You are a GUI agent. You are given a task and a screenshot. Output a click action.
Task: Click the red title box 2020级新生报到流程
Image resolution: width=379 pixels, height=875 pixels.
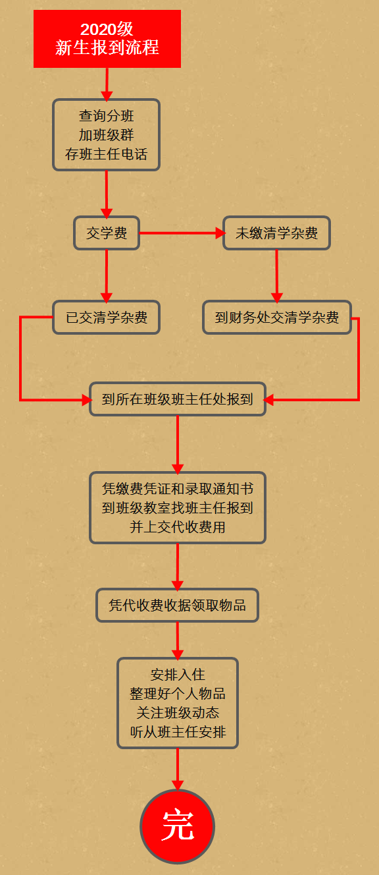(x=107, y=39)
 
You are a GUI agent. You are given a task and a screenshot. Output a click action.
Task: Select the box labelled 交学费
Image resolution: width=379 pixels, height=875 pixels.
(x=107, y=233)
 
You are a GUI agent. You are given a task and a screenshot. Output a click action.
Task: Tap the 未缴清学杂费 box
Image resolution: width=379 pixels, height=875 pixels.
(x=277, y=233)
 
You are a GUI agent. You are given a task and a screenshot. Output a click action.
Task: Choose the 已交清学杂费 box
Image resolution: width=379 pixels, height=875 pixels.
(x=107, y=317)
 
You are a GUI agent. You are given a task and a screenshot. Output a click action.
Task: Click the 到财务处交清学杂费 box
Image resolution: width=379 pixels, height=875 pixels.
(x=277, y=317)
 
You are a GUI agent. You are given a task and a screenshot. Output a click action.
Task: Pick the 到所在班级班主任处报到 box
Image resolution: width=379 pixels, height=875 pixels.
(x=178, y=399)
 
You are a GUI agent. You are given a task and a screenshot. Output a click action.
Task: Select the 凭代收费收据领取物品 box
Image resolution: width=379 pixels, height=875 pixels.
(x=178, y=605)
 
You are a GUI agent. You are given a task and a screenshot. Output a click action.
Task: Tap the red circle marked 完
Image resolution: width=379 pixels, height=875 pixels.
(x=178, y=826)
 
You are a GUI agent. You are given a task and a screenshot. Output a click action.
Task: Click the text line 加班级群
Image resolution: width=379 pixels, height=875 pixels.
(x=107, y=135)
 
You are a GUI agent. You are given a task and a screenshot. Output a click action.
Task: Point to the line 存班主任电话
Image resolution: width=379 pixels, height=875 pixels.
(x=107, y=154)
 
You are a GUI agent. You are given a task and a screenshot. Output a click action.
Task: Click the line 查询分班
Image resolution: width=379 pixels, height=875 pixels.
(x=107, y=116)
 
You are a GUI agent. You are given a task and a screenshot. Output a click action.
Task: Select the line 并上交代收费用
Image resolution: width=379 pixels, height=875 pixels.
(x=178, y=527)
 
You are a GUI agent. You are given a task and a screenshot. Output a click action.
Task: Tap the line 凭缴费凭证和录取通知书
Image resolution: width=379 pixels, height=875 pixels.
(x=178, y=489)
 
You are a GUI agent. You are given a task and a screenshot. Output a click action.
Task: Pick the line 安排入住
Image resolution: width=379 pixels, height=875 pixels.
(x=178, y=675)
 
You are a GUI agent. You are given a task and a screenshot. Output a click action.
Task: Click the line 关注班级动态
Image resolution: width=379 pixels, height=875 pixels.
(x=178, y=713)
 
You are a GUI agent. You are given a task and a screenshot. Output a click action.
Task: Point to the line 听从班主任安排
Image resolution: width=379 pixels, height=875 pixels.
(x=178, y=732)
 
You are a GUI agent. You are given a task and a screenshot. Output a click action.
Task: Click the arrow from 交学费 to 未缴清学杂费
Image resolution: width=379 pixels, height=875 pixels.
(x=182, y=233)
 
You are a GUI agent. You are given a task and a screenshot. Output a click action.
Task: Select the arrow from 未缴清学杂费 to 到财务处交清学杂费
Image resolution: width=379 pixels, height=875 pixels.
(x=277, y=276)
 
